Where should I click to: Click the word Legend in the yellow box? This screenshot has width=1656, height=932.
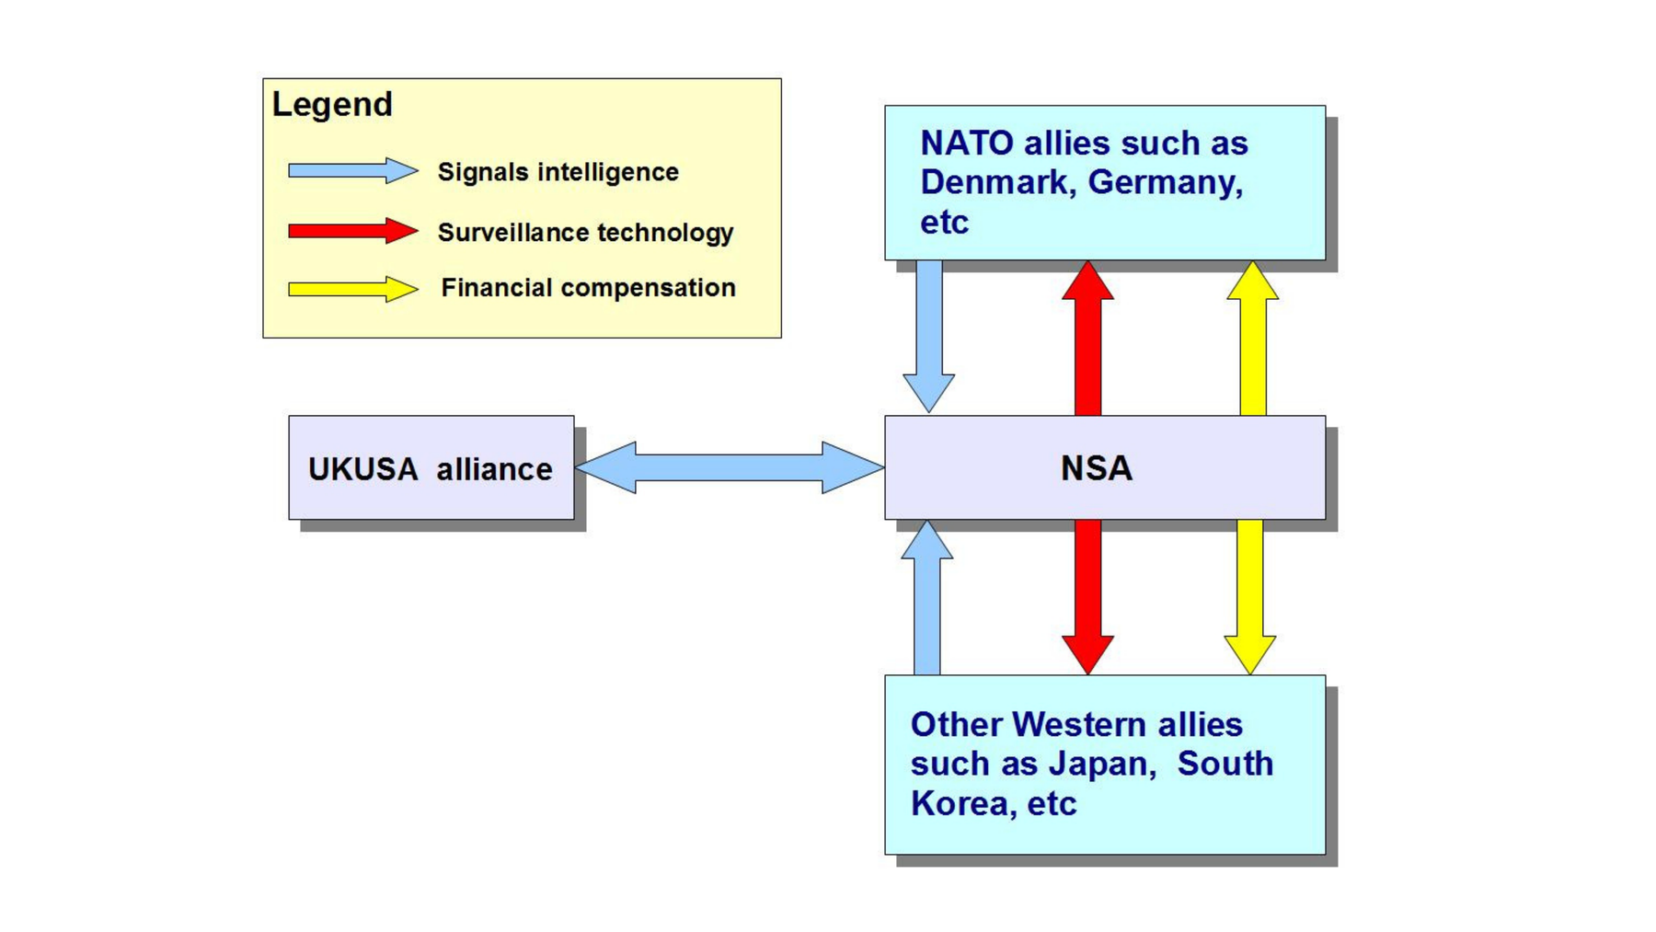tap(332, 104)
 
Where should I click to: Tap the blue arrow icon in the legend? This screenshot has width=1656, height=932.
tap(352, 170)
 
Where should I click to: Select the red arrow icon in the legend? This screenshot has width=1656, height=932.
tap(352, 231)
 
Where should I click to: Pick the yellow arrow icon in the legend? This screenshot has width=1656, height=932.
tap(352, 289)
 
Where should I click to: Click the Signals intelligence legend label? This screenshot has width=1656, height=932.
tap(558, 172)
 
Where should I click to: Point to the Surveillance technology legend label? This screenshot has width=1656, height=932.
tap(585, 233)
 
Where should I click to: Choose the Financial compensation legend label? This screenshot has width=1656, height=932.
tap(588, 288)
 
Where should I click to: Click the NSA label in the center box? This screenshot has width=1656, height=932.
tap(1096, 468)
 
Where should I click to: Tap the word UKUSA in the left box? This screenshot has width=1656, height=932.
tap(362, 469)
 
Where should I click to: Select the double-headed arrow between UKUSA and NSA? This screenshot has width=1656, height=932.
tap(729, 467)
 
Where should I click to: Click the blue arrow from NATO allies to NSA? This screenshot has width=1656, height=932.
tap(928, 336)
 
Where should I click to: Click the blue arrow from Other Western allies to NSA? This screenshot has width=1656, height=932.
tap(926, 598)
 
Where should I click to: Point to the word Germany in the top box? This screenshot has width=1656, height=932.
tap(1164, 182)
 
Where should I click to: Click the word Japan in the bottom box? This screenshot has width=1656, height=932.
tap(1101, 764)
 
